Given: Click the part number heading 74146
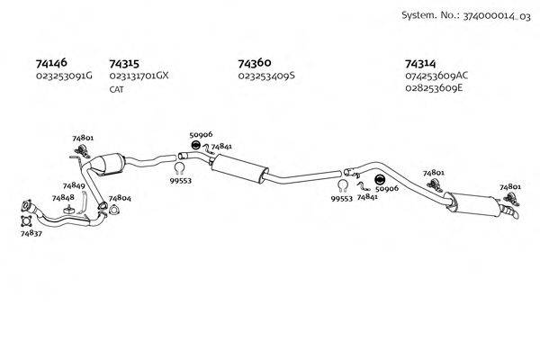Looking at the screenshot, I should [50, 64].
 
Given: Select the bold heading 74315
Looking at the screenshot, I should [123, 64].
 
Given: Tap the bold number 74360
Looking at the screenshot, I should [255, 64].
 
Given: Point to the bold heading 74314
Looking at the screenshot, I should [421, 64].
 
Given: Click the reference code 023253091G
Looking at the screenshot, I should [64, 76].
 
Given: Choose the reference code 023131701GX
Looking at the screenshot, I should [139, 76].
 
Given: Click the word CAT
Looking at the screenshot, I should [116, 90].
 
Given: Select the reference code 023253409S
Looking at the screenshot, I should [267, 76].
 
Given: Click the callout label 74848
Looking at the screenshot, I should [63, 197].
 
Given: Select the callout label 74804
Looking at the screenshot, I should [119, 198].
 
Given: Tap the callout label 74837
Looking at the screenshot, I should [31, 233].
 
